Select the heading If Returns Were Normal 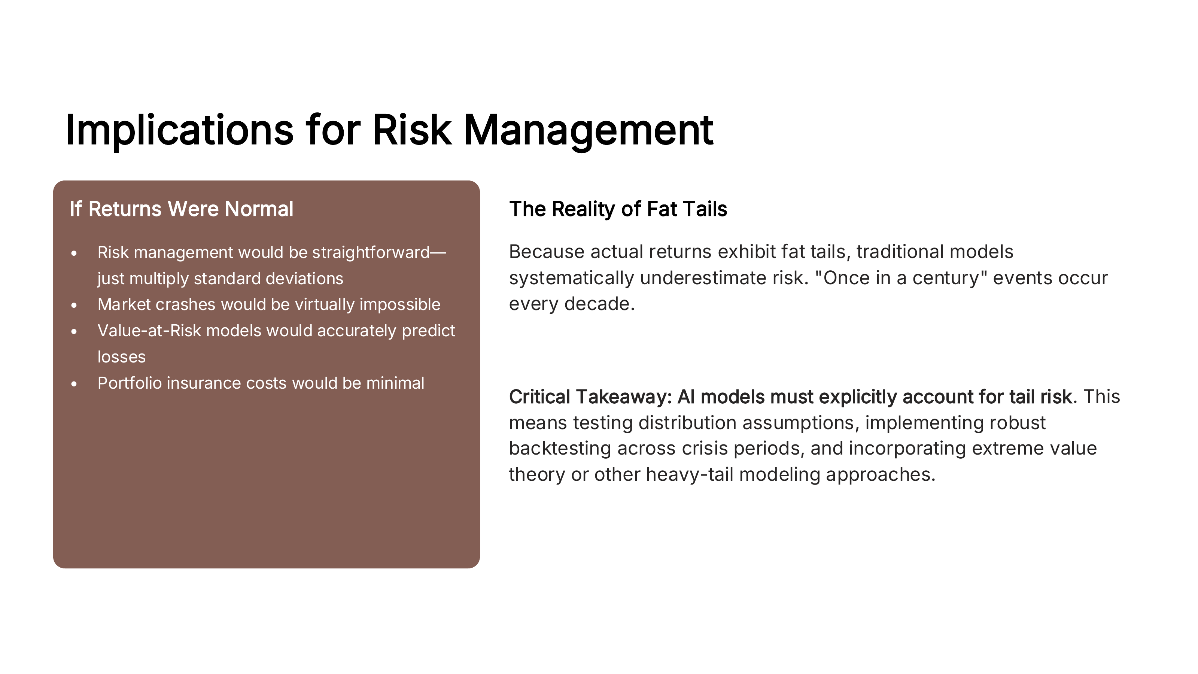[181, 209]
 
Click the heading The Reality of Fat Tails [618, 209]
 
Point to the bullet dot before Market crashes [75, 305]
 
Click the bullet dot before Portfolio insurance [75, 384]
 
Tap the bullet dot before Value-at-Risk [75, 331]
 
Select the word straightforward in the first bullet [371, 253]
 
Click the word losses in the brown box [121, 357]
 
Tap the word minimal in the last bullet [395, 383]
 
